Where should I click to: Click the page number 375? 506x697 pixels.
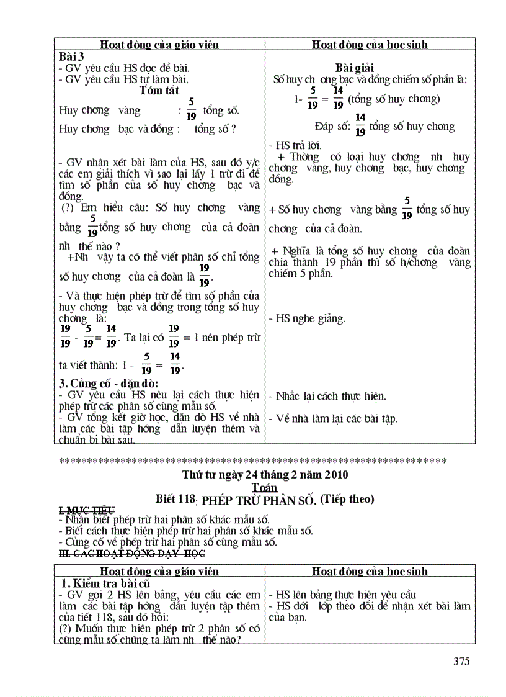pyautogui.click(x=461, y=662)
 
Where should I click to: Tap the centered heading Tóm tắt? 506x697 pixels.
pyautogui.click(x=159, y=91)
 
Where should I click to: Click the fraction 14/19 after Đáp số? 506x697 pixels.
pyautogui.click(x=360, y=125)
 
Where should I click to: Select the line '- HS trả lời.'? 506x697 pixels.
pyautogui.click(x=295, y=145)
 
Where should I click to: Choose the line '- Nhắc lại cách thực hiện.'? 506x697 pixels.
pyautogui.click(x=327, y=396)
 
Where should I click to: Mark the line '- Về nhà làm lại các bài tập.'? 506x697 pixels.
pyautogui.click(x=333, y=418)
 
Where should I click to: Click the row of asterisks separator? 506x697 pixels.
pyautogui.click(x=252, y=461)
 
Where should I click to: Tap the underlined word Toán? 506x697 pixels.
pyautogui.click(x=265, y=487)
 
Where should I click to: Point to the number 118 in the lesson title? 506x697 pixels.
pyautogui.click(x=185, y=500)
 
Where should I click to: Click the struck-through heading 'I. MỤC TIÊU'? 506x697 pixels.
pyautogui.click(x=86, y=510)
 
